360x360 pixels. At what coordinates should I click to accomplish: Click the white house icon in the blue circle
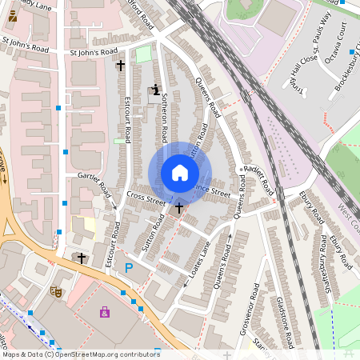click(180, 172)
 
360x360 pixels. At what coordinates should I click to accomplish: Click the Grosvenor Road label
click(257, 322)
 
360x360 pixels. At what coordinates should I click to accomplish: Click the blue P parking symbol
click(128, 268)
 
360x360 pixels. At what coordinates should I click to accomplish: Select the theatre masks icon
click(55, 292)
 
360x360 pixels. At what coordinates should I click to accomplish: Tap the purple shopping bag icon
click(105, 312)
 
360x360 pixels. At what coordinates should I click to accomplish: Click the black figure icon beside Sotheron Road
click(154, 90)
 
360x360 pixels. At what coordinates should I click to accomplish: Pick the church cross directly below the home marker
click(179, 208)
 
